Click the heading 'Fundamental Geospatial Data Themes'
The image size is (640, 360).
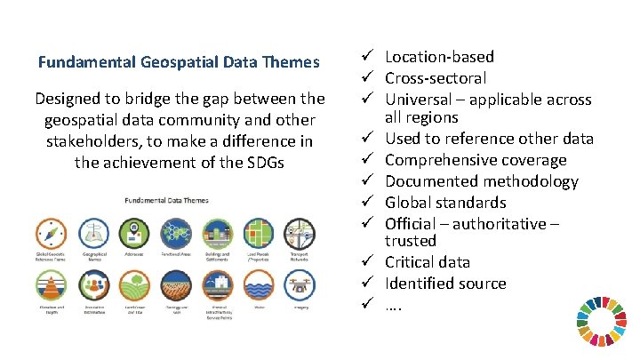point(179,62)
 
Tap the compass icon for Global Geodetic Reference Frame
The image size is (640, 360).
point(52,235)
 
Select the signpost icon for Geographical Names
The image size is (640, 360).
point(94,235)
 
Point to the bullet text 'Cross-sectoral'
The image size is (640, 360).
point(436,78)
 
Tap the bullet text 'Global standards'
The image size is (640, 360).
point(445,203)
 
